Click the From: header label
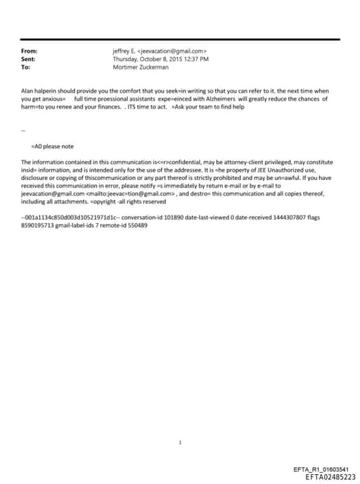tap(30, 51)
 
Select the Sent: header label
tap(29, 59)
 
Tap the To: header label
tap(26, 67)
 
